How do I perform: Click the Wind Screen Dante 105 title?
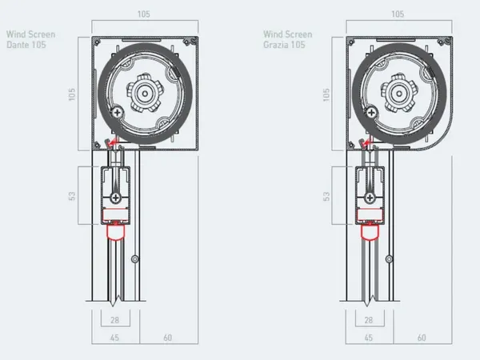pos(30,39)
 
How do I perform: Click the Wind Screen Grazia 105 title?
pos(288,39)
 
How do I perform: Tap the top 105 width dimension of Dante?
pos(143,14)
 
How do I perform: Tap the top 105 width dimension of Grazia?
pos(398,14)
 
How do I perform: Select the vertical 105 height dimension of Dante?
pos(72,94)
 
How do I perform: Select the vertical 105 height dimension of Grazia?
pos(326,94)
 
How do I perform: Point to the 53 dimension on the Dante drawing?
pos(72,196)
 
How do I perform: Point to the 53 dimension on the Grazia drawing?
pos(326,196)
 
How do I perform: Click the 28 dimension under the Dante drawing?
pos(114,320)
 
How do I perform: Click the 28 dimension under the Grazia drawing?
pos(369,320)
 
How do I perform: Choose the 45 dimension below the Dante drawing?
pos(114,338)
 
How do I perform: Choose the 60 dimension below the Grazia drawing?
pos(422,338)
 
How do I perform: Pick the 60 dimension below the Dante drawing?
pos(167,338)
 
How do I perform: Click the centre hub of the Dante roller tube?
pos(145,94)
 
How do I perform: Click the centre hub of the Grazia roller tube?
pos(399,94)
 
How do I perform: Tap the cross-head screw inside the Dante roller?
pos(117,113)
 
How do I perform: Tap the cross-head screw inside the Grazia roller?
pos(371,113)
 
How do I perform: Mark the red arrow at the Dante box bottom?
pos(114,142)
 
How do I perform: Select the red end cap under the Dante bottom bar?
pos(115,231)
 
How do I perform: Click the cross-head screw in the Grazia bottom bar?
pos(370,198)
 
